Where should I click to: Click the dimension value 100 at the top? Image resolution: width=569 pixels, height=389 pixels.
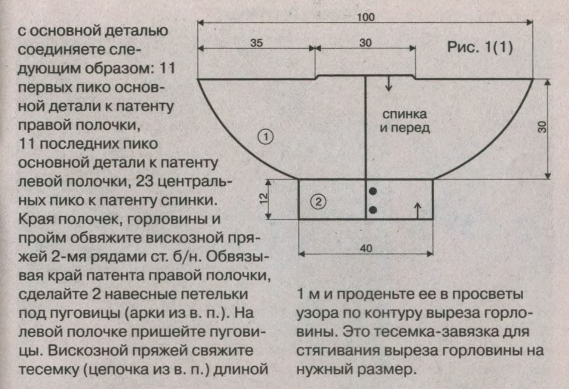(365, 17)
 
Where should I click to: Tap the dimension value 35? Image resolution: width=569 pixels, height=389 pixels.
(256, 43)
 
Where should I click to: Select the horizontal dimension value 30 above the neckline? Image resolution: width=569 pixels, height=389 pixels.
(365, 43)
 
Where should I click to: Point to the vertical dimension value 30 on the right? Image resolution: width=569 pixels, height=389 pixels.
(542, 127)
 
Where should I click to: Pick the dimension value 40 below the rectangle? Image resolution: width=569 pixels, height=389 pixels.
(366, 248)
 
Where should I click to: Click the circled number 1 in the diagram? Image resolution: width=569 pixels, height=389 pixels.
(266, 136)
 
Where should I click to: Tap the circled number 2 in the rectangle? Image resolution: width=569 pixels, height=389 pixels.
(318, 202)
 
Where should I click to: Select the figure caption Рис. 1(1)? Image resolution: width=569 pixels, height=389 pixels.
(480, 48)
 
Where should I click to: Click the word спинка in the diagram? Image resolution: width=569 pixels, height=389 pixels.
(404, 114)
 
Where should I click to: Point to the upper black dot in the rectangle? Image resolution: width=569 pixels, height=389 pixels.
(373, 191)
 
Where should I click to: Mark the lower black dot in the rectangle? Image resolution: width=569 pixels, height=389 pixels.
(373, 210)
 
